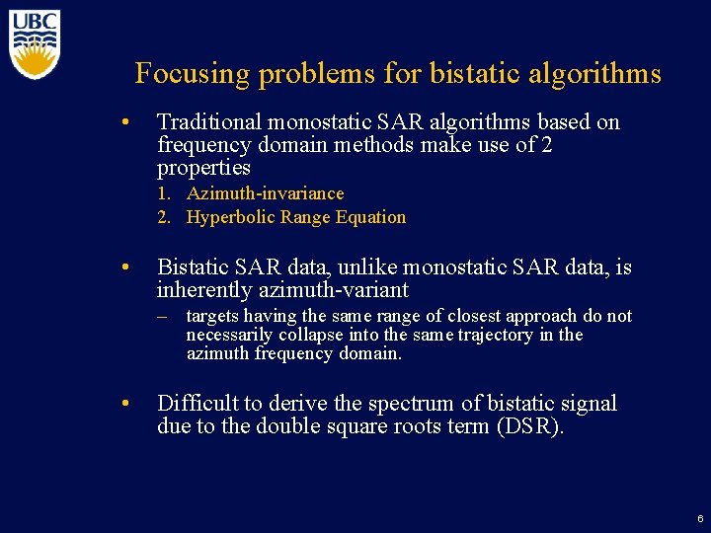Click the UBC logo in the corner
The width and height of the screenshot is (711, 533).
tap(36, 43)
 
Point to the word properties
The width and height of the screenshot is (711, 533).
tap(203, 168)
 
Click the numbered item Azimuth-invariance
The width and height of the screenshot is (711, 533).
tap(265, 193)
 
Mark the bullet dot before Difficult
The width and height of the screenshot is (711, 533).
tap(125, 404)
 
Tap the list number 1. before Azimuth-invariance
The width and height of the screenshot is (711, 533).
tap(164, 193)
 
